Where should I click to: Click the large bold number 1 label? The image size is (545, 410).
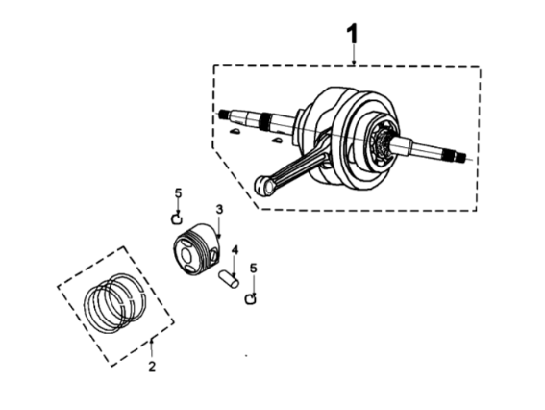click(353, 34)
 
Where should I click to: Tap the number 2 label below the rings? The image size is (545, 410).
click(152, 366)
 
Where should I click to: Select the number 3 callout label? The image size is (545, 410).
click(219, 210)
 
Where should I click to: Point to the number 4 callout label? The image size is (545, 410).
click(235, 249)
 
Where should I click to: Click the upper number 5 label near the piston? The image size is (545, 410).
click(179, 192)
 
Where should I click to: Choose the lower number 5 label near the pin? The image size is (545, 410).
click(254, 269)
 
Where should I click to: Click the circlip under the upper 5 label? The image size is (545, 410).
click(177, 219)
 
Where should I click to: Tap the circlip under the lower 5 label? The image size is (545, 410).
click(251, 299)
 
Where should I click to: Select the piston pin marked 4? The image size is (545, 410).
click(229, 279)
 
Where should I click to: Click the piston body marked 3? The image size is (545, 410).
click(196, 249)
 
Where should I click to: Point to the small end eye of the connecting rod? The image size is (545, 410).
click(263, 186)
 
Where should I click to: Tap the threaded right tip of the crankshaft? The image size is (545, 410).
click(460, 157)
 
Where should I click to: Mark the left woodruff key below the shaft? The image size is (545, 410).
click(235, 132)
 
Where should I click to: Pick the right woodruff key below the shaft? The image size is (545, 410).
click(277, 141)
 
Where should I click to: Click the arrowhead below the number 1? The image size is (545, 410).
click(354, 62)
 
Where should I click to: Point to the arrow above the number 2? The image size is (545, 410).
click(152, 349)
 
